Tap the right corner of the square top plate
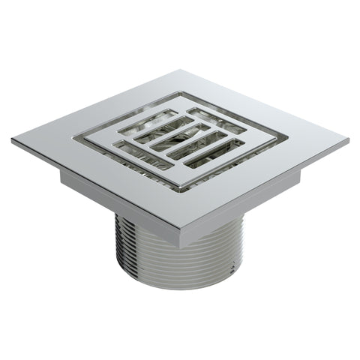(346, 140)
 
